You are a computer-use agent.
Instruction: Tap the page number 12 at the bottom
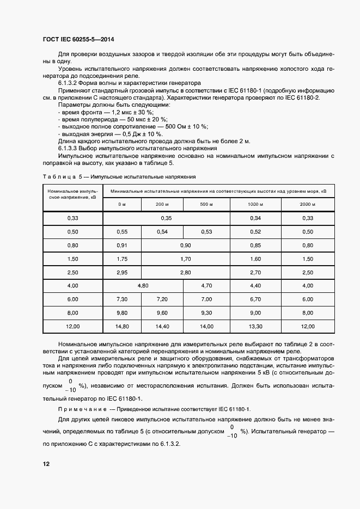click(46, 464)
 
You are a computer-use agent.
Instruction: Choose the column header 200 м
click(162, 204)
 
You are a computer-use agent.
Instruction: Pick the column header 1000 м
click(255, 204)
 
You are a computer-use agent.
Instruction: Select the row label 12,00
click(72, 326)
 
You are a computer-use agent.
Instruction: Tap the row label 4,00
click(72, 285)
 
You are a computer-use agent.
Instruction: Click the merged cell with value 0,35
click(166, 218)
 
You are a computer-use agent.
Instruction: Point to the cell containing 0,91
click(122, 245)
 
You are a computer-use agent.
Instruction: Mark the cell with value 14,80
click(122, 326)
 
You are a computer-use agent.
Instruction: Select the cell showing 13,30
click(255, 326)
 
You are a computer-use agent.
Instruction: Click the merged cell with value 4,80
click(143, 285)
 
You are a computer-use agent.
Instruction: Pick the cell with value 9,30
click(206, 312)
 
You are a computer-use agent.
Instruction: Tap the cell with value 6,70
click(255, 299)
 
